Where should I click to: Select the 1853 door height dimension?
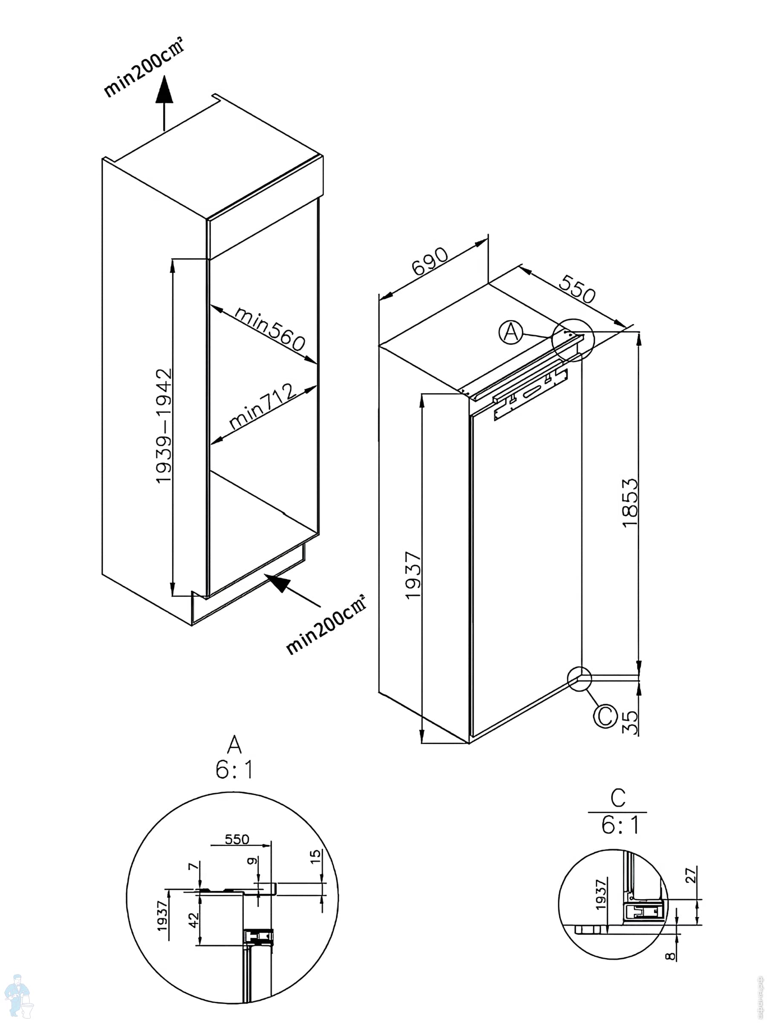630,503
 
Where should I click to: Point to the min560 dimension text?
270,328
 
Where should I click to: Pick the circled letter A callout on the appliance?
511,332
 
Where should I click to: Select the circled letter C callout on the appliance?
605,716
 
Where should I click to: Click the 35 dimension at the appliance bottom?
630,722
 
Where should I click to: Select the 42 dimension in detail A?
194,920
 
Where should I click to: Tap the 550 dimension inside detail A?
237,839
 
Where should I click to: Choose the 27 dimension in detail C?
690,876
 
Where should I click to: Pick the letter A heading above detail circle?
234,745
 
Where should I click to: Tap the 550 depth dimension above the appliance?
577,289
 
